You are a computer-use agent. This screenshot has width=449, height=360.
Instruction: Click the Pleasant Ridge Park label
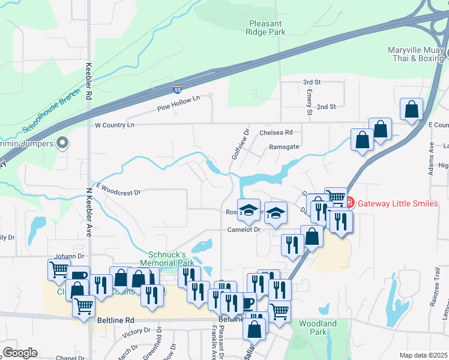[x=267, y=28]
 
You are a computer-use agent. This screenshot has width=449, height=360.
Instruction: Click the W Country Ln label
[x=115, y=125]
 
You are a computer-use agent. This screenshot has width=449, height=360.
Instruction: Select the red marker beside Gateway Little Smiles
[x=352, y=203]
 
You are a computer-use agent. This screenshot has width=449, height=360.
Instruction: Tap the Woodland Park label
[x=318, y=328]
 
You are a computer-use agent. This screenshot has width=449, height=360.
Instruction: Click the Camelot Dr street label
[x=243, y=229]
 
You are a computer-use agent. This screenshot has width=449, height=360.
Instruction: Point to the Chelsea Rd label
[x=276, y=132]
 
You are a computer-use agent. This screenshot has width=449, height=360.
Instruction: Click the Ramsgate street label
[x=284, y=146]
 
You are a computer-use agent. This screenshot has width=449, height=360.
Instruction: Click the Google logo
[x=20, y=352]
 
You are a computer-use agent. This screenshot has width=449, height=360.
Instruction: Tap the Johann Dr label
[x=67, y=256]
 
